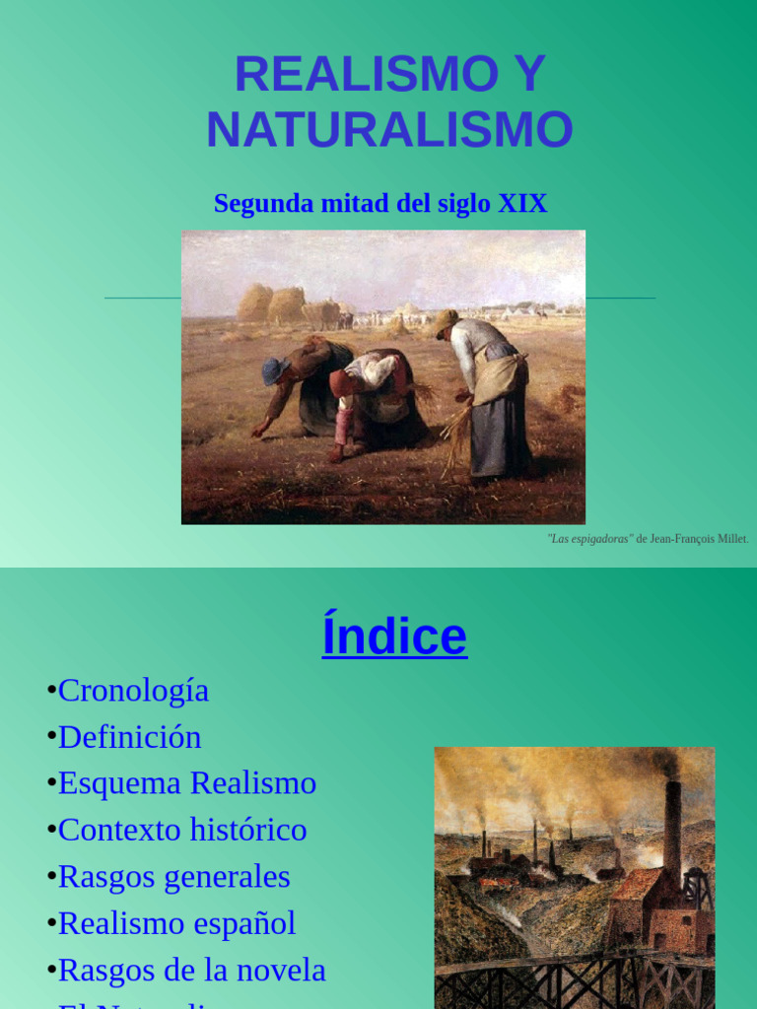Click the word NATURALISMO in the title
pos(389,130)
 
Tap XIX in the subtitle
pos(522,204)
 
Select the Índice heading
pos(394,637)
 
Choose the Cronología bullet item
pos(133,691)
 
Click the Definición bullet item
pos(129,737)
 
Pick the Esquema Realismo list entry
pos(186,783)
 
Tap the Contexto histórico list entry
pos(182,830)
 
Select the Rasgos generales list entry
pos(173,877)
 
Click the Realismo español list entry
pos(176,923)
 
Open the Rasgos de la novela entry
pos(191,971)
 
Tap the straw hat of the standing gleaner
pos(445,321)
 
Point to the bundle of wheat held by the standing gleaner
pos(455,434)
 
